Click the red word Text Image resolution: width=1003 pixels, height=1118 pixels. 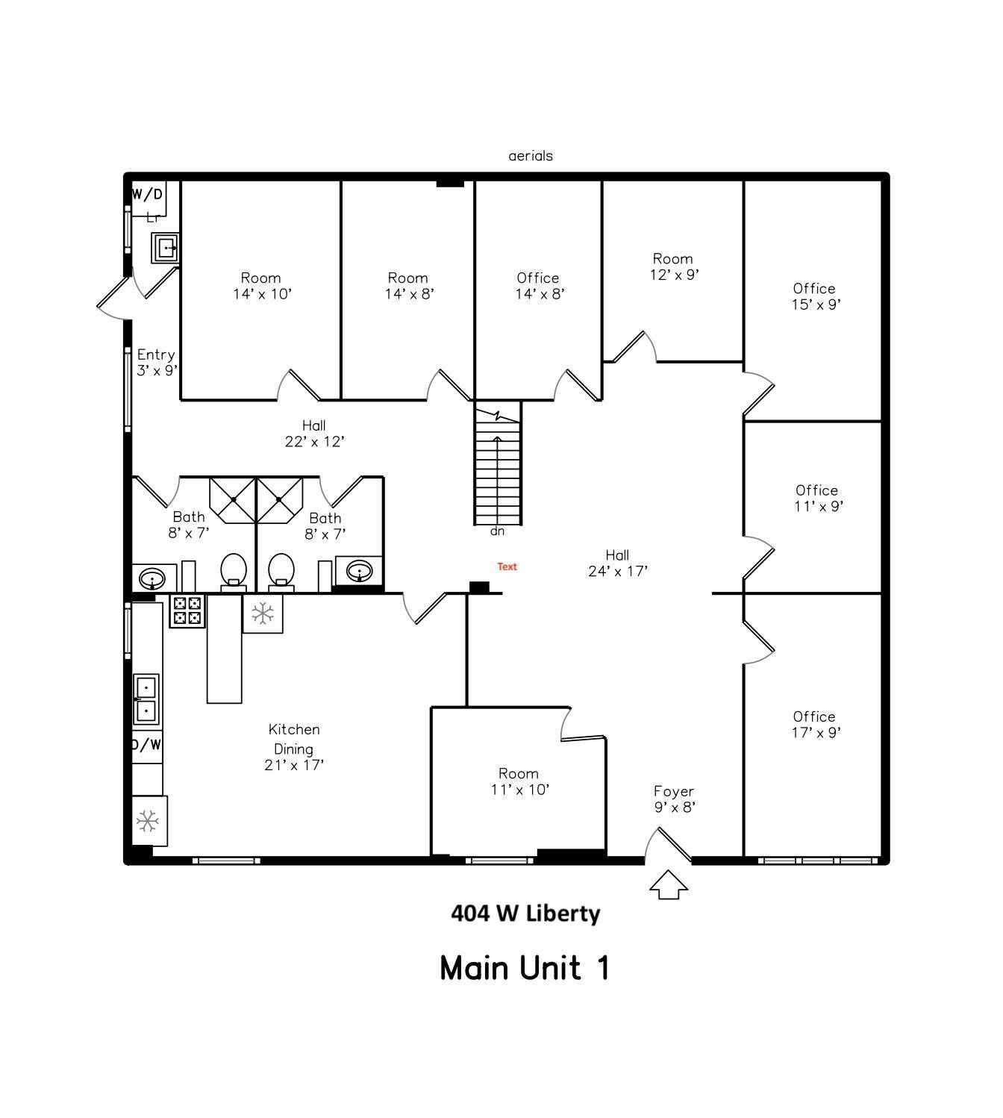coord(507,566)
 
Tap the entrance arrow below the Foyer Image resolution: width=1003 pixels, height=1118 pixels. coord(668,884)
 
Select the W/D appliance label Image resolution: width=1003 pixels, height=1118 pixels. coord(147,195)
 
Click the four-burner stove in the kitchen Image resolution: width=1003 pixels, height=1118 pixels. coord(187,611)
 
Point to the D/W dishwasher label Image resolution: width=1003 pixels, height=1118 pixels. coord(146,745)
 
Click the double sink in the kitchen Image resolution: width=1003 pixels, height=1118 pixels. coord(146,699)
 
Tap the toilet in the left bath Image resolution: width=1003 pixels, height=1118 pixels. coord(234,572)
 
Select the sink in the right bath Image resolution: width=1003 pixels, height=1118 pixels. coord(360,572)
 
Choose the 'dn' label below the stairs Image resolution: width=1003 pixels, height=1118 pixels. coord(497,531)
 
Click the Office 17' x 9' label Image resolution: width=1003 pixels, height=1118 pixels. coord(815,725)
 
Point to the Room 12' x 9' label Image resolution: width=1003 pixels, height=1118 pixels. coord(673,266)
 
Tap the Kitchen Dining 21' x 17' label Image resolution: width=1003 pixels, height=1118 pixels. coord(294,746)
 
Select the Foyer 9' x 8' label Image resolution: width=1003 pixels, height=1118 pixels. coord(674,799)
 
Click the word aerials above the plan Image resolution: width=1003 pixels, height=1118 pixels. coord(531,156)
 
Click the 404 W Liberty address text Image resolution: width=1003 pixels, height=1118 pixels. coord(525,914)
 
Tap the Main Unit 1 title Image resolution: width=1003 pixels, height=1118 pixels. coord(525,968)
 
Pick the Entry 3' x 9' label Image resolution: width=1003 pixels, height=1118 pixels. coord(156,362)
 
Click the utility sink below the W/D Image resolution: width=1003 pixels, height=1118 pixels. coord(165,247)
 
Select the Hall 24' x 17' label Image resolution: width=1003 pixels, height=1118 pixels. coord(617,563)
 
